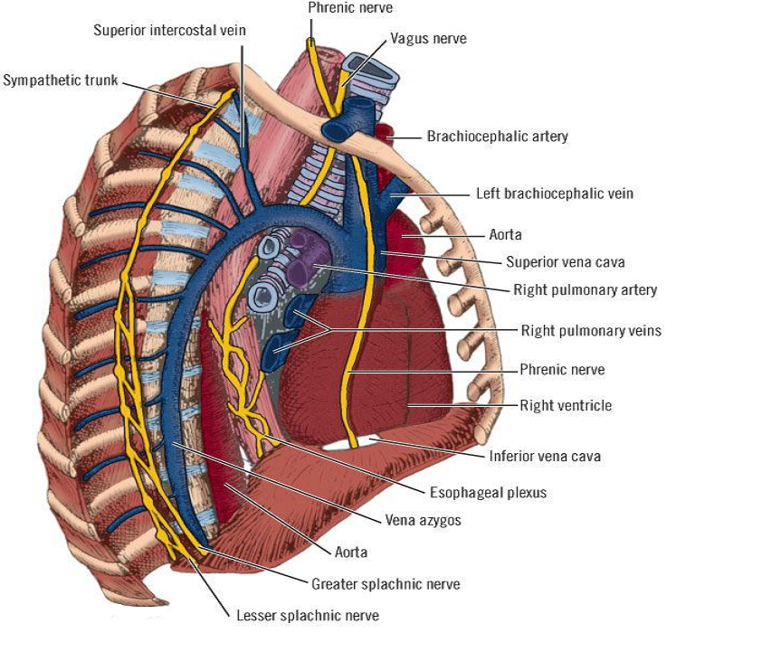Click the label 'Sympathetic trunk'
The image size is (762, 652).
coord(61,80)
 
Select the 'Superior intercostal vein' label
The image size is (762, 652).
coord(169,31)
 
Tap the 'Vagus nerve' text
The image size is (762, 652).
coord(428,39)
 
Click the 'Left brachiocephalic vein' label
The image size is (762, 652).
coord(554,194)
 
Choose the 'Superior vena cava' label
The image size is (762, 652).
coord(565,262)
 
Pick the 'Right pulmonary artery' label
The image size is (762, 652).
coord(585,290)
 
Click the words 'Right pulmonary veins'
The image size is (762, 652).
coord(591,331)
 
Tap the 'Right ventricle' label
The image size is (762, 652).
coord(566,405)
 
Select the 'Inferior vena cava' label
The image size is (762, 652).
coord(545,456)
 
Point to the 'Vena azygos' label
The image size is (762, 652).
coord(424,521)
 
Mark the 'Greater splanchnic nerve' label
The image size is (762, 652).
coord(386,584)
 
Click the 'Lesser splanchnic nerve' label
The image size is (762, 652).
coord(308,616)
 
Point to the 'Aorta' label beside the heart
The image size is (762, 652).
coord(505,234)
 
